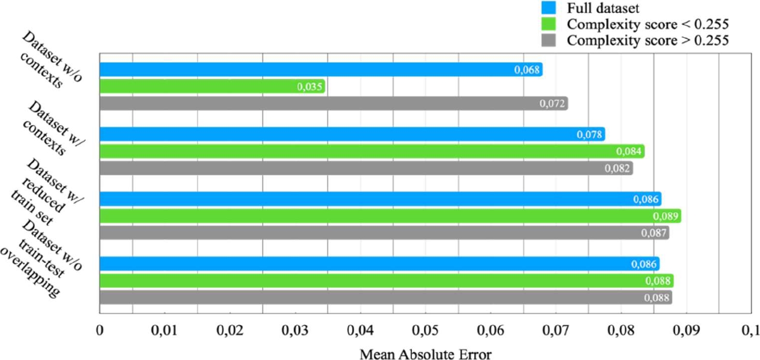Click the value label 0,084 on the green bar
(x=629, y=152)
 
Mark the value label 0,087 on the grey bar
(x=654, y=233)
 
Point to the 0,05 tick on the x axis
(x=425, y=330)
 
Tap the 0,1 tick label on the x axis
(x=750, y=330)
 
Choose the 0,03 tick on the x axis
(x=295, y=330)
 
